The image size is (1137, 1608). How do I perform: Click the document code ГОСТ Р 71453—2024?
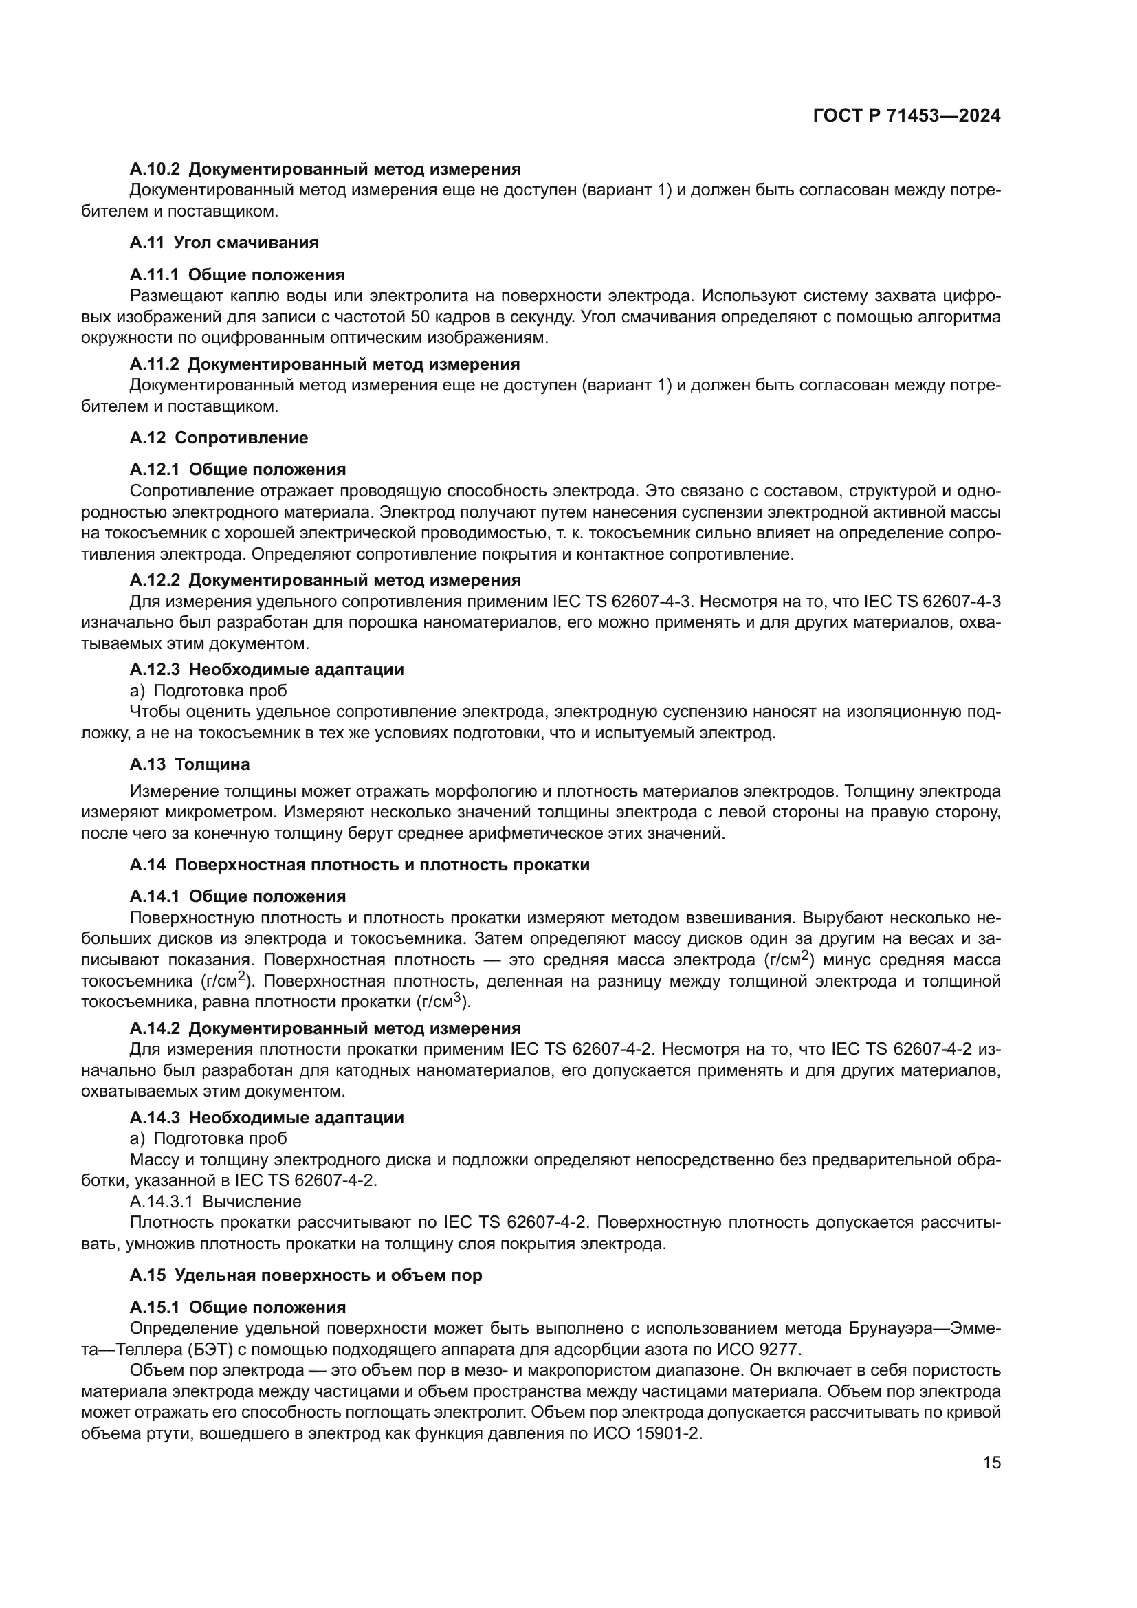point(907,116)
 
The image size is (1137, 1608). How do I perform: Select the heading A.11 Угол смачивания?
point(224,243)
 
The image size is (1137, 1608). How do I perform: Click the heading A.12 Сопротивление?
point(219,438)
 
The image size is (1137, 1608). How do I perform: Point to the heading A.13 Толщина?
point(189,764)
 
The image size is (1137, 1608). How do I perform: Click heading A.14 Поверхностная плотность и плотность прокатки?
point(359,865)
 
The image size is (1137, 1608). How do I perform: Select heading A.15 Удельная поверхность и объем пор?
point(305,1275)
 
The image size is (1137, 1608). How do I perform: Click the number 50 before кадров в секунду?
point(420,317)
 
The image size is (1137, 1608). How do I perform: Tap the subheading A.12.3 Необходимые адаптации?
point(266,670)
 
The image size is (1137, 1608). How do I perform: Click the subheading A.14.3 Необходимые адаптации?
point(266,1118)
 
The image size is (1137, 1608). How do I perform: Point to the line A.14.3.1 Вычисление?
point(216,1202)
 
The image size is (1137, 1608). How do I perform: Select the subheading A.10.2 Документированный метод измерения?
point(325,169)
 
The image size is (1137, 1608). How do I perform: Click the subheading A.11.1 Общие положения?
point(236,275)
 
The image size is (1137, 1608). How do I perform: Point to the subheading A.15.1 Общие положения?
point(237,1308)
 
